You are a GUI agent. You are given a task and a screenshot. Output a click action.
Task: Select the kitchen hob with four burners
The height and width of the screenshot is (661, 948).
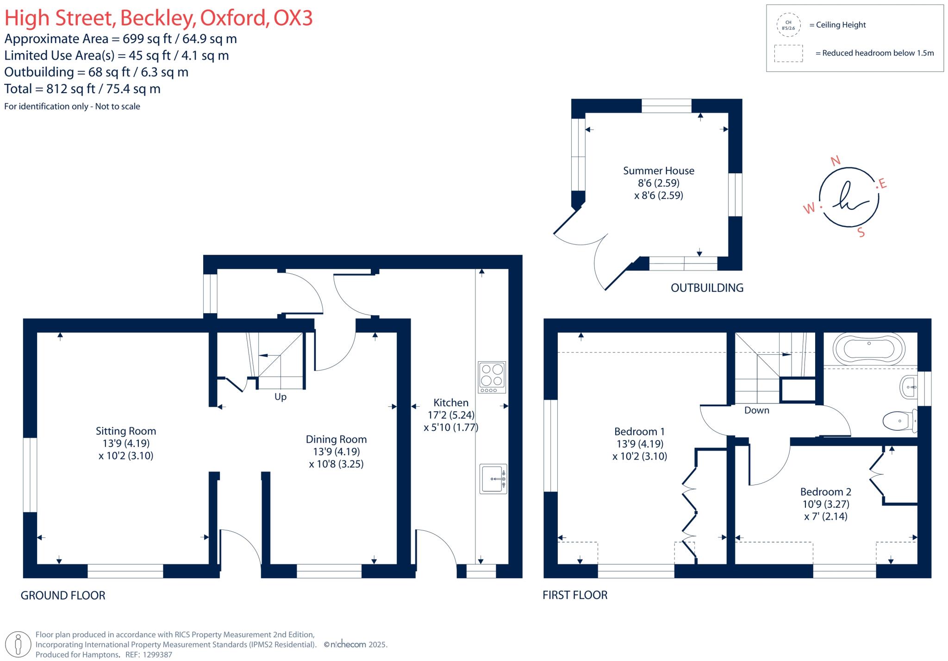pyautogui.click(x=492, y=378)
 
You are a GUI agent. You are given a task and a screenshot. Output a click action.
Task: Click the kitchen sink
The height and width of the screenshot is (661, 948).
pyautogui.click(x=493, y=478)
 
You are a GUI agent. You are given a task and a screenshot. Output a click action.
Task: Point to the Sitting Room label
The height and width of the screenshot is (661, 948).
pyautogui.click(x=126, y=431)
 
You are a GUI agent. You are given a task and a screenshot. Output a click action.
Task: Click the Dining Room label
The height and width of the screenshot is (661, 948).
pyautogui.click(x=336, y=439)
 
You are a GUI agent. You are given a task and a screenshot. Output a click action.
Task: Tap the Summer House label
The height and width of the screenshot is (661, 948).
pyautogui.click(x=659, y=170)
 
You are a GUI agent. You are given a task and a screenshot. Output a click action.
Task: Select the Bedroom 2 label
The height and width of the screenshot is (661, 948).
pyautogui.click(x=826, y=491)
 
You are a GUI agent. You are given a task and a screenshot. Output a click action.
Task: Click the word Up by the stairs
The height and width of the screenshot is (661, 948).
pyautogui.click(x=281, y=397)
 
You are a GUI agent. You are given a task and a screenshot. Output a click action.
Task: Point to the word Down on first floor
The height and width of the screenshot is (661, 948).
pyautogui.click(x=757, y=410)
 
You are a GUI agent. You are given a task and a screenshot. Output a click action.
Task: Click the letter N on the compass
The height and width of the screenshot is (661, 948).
pyautogui.click(x=836, y=161)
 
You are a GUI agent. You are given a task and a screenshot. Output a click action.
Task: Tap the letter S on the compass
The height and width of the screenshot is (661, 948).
pyautogui.click(x=861, y=233)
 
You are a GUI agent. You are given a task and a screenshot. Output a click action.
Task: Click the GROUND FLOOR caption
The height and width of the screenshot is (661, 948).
pyautogui.click(x=63, y=595)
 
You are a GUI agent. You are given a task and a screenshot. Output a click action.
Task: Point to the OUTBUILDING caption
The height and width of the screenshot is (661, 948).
pyautogui.click(x=707, y=288)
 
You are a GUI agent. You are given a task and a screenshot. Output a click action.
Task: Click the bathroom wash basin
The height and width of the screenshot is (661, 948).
pyautogui.click(x=909, y=387)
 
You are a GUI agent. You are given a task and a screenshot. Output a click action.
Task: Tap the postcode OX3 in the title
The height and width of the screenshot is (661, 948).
pyautogui.click(x=293, y=18)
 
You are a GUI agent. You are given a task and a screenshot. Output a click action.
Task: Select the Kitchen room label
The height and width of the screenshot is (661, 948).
pyautogui.click(x=451, y=403)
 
